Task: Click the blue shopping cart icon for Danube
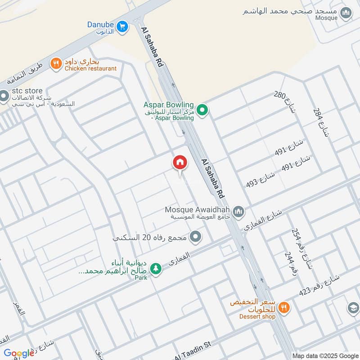pyautogui.click(x=122, y=27)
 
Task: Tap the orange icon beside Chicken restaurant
pyautogui.click(x=56, y=64)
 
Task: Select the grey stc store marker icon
pyautogui.click(x=4, y=96)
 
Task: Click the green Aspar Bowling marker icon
pyautogui.click(x=202, y=109)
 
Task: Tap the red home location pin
pyautogui.click(x=180, y=162)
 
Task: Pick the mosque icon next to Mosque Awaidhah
pyautogui.click(x=238, y=211)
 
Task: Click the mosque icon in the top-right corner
pyautogui.click(x=346, y=13)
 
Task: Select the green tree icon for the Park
pyautogui.click(x=155, y=268)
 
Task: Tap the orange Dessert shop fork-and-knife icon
pyautogui.click(x=283, y=308)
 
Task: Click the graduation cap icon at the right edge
pyautogui.click(x=354, y=308)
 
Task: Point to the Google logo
pyautogui.click(x=19, y=353)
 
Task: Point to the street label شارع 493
pyautogui.click(x=261, y=180)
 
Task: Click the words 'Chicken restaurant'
pyautogui.click(x=90, y=69)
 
